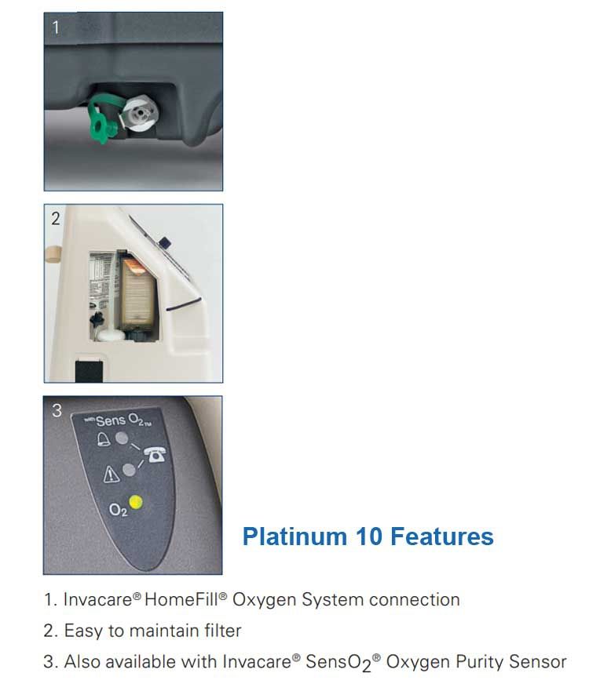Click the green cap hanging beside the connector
(102, 121)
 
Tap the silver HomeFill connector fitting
(140, 115)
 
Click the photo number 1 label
(56, 27)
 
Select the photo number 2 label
(56, 219)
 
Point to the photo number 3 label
(57, 410)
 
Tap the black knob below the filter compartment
(97, 318)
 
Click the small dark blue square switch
(166, 242)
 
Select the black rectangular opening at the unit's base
(89, 371)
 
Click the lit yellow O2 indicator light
(135, 503)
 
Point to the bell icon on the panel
(103, 439)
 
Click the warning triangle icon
(111, 474)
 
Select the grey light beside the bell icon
(122, 438)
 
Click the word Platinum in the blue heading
(294, 537)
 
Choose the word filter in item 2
(223, 631)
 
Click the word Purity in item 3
(479, 662)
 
